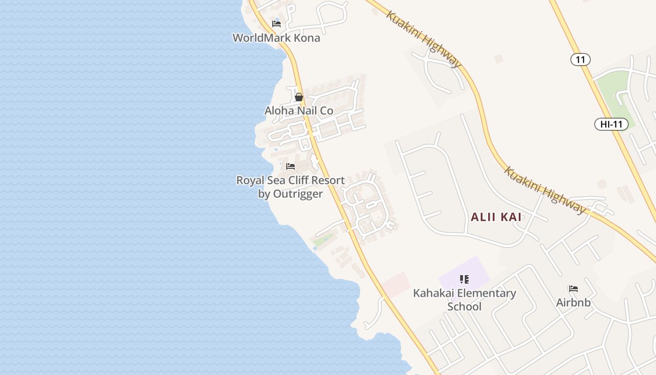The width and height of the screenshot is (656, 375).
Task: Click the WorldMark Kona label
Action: click(x=276, y=38)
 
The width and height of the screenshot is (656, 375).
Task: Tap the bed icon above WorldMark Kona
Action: click(x=276, y=24)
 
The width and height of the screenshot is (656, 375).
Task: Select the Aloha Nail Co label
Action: click(x=299, y=111)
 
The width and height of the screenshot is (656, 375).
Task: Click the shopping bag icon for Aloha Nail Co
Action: click(x=299, y=97)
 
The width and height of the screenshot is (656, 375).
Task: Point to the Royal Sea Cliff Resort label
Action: click(x=291, y=180)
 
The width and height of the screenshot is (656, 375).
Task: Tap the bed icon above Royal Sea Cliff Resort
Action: click(x=291, y=166)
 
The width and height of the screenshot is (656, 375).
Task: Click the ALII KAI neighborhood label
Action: click(x=496, y=217)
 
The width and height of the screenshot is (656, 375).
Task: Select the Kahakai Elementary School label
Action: click(x=464, y=300)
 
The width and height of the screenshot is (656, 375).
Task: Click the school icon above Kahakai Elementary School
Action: click(x=464, y=280)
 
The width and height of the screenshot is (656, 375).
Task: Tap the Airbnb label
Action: click(x=574, y=303)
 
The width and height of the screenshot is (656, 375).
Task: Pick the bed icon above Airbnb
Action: click(x=574, y=289)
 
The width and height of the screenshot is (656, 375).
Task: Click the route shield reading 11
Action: click(x=581, y=60)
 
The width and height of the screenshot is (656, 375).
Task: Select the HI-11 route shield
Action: click(x=611, y=124)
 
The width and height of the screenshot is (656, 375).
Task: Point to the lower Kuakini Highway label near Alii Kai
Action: click(x=545, y=190)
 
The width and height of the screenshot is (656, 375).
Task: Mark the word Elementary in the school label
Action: click(x=475, y=293)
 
